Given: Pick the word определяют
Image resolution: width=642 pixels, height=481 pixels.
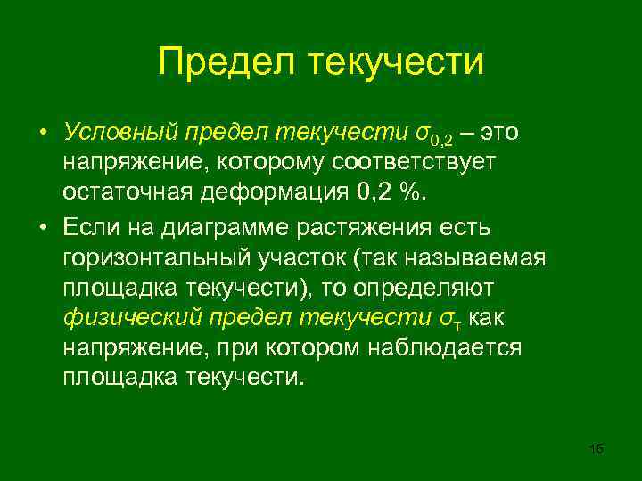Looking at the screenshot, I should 407,288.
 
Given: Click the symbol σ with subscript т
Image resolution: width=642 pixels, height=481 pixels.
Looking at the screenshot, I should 451,319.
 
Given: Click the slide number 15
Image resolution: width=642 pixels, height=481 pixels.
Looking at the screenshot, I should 597,449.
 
